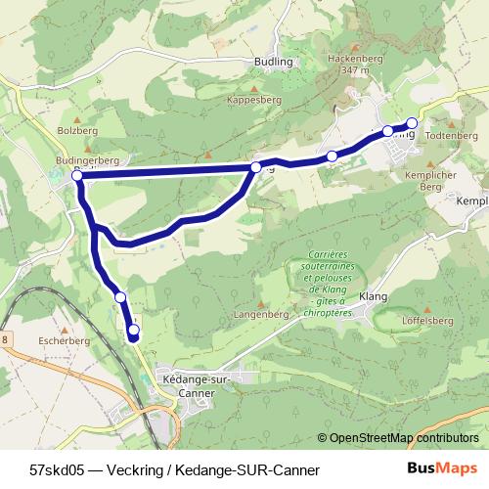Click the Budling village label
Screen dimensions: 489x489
pos(273,62)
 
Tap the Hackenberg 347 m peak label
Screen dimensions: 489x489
pos(354,65)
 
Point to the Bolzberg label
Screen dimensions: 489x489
pos(74,129)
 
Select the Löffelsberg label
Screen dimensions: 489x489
pos(427,320)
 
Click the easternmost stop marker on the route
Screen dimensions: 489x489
pos(412,123)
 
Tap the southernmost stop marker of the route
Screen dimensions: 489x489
pos(134,332)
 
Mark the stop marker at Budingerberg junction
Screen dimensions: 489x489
pos(77,176)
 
